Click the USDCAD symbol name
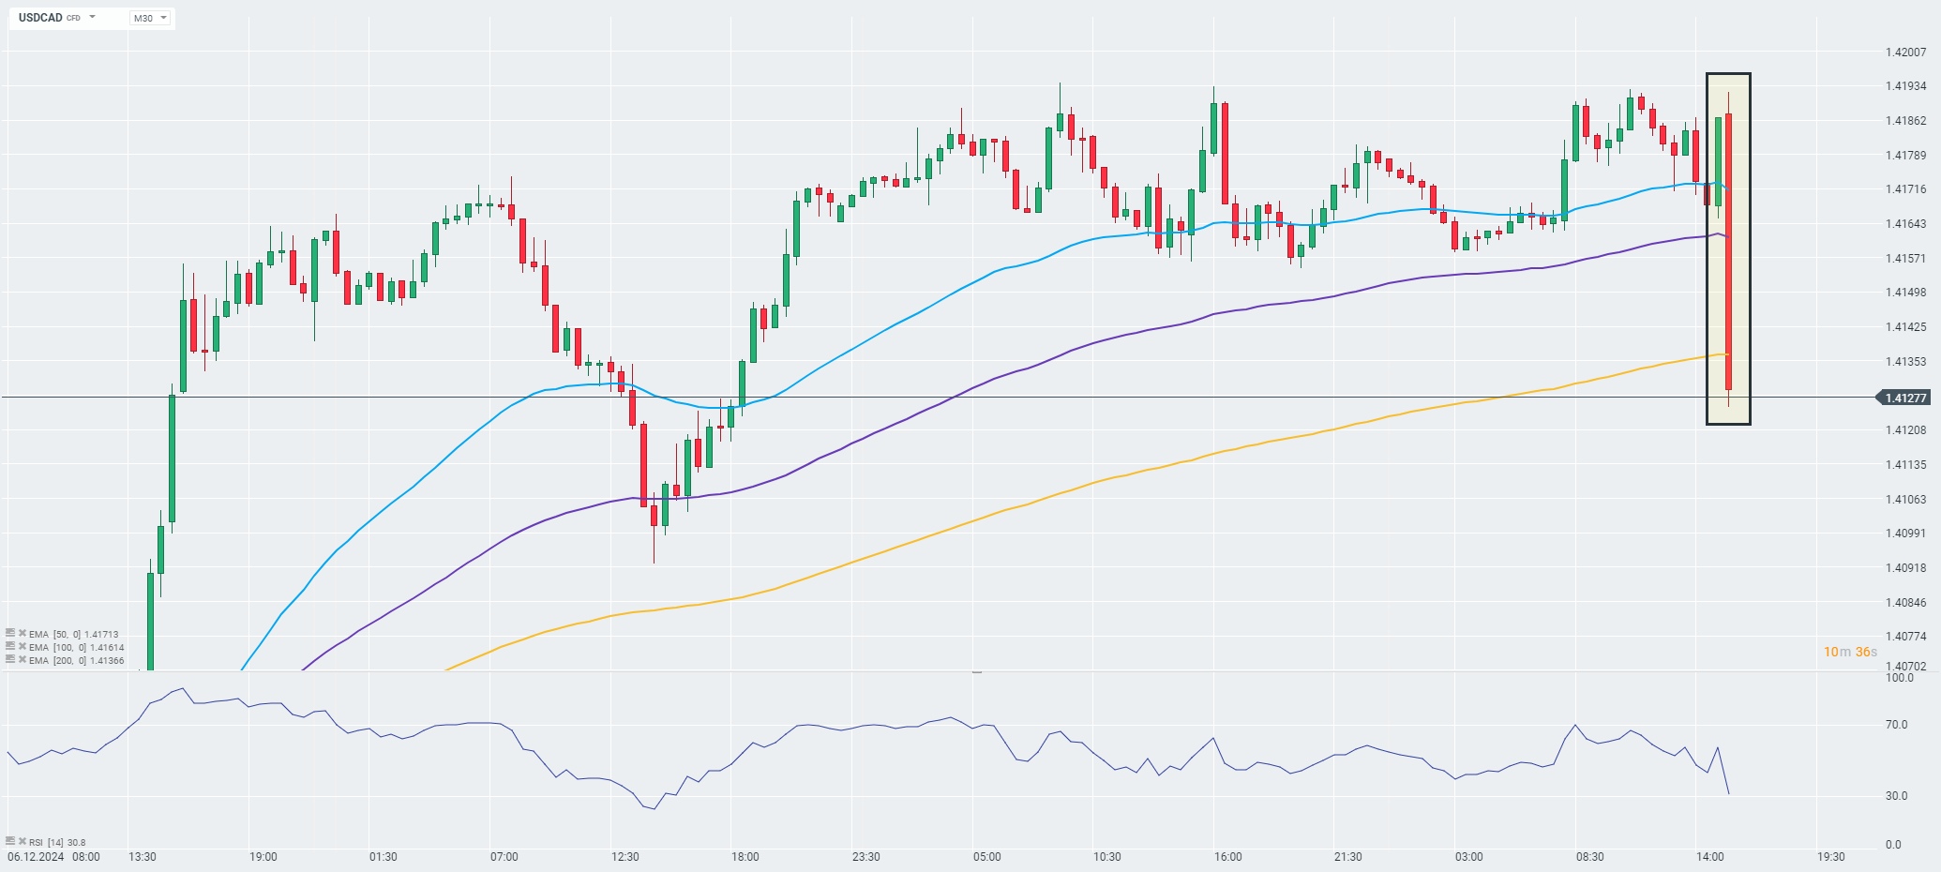(40, 18)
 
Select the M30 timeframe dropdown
(149, 18)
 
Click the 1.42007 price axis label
(1905, 53)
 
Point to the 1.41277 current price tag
(1904, 398)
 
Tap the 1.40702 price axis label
(1905, 667)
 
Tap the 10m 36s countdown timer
(1849, 652)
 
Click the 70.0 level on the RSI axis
(1890, 725)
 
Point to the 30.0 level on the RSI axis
(1890, 796)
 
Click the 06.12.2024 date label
(35, 857)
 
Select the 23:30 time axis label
(865, 857)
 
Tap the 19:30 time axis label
(1830, 857)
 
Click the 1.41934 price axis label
(1905, 86)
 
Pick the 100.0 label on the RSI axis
(1892, 678)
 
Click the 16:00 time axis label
(1227, 857)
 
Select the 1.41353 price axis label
(1905, 362)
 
